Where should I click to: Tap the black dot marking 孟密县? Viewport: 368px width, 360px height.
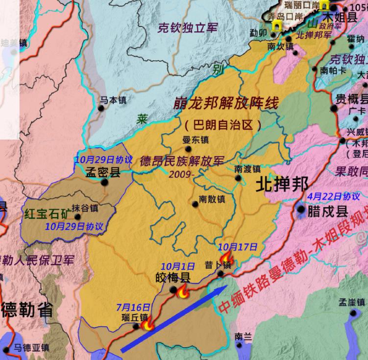tap(104, 182)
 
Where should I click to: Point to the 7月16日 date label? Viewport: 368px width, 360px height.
tap(133, 307)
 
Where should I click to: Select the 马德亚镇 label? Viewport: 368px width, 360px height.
tap(31, 348)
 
